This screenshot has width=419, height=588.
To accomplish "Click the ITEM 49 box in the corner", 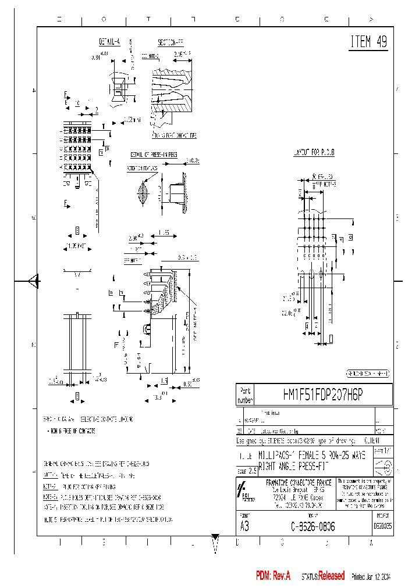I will coord(368,42).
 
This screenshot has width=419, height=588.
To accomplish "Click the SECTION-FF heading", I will coord(170,42).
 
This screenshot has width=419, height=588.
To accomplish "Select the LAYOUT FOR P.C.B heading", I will coord(313,152).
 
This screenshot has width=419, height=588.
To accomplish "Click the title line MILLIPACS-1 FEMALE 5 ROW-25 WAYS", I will coord(312,456).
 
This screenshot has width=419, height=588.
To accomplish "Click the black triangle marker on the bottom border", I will coord(215,537).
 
